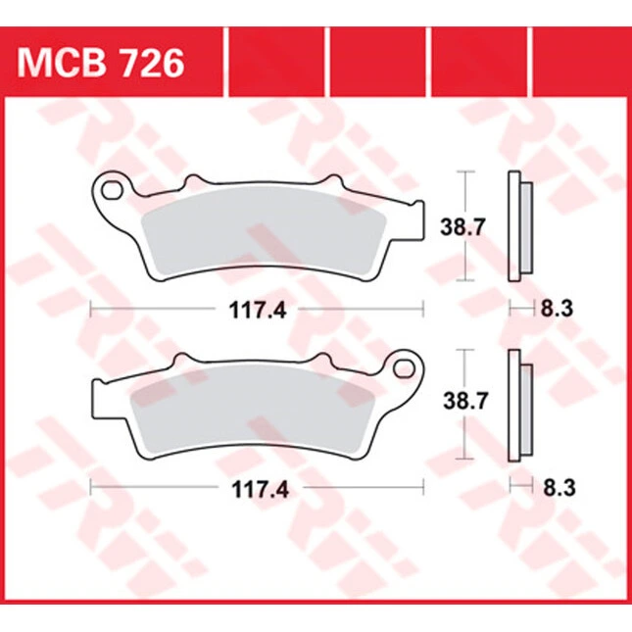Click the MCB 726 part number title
(x=100, y=64)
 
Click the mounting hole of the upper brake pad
(x=113, y=189)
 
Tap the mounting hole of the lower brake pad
(x=404, y=368)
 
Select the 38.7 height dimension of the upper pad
(x=462, y=227)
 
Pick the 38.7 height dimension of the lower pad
(x=465, y=401)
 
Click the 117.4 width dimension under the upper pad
(x=258, y=311)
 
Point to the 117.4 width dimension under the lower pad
(x=260, y=490)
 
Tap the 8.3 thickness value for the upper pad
(x=557, y=310)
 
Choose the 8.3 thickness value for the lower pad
(x=559, y=488)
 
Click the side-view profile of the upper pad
(x=520, y=226)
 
